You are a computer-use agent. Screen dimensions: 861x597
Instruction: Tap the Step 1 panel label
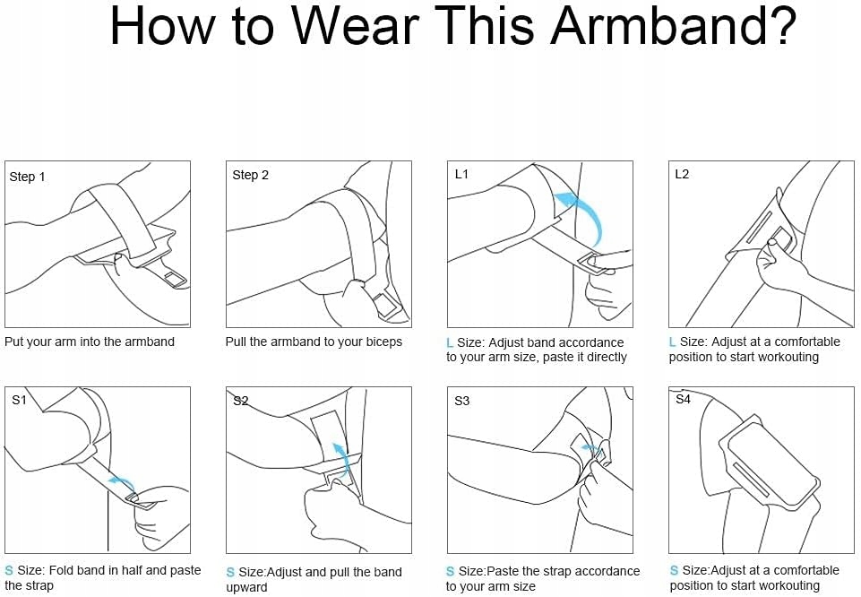[27, 177]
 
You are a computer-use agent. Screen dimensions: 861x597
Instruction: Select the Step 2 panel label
[250, 175]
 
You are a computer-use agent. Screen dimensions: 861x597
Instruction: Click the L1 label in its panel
[461, 174]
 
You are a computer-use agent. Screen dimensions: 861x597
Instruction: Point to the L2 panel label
[682, 174]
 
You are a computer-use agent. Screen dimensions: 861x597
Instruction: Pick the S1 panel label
[19, 400]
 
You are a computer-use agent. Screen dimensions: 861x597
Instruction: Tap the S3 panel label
[461, 401]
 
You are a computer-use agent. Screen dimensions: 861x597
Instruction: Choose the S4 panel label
[683, 399]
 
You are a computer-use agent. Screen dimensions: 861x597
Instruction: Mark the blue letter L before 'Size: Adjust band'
[450, 342]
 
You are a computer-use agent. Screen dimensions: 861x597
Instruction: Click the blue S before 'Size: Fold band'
[9, 571]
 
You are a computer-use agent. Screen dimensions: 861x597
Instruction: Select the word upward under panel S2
[246, 587]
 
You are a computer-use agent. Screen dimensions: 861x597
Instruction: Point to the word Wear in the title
[355, 26]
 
